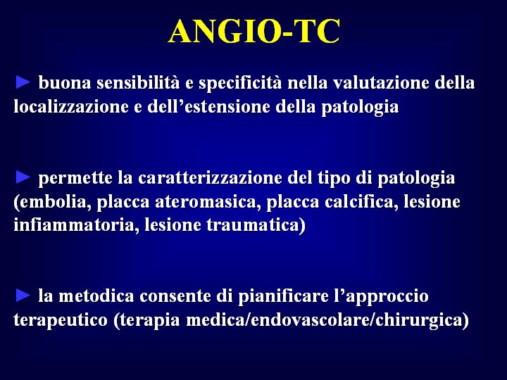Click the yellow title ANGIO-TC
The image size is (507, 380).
(254, 32)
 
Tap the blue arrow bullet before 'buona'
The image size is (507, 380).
(23, 82)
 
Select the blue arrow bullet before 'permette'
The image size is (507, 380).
(23, 177)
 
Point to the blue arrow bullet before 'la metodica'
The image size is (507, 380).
(23, 296)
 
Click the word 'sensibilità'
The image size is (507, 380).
(138, 83)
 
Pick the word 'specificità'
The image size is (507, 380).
(240, 84)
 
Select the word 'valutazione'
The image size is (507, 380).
(381, 83)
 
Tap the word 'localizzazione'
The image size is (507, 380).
(71, 106)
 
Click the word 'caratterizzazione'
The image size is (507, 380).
(210, 178)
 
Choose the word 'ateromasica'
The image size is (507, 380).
(208, 202)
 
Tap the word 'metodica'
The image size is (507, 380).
(96, 296)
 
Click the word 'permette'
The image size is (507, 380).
(75, 179)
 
